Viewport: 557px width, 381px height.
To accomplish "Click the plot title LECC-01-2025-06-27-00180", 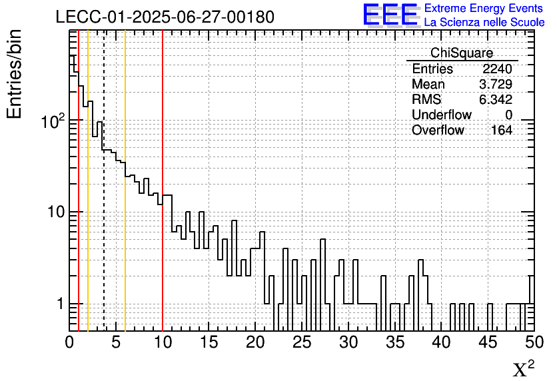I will [x=165, y=17].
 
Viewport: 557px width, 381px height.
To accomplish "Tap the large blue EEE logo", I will [x=390, y=15].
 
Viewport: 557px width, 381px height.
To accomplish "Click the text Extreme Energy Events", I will [x=484, y=9].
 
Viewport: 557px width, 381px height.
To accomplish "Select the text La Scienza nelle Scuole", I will [x=484, y=23].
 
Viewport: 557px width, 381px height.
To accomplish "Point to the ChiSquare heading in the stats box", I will [x=462, y=53].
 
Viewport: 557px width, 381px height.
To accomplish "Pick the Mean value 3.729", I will [x=496, y=85].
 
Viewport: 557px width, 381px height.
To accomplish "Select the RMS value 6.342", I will [x=496, y=100].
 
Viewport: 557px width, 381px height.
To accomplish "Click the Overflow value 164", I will [x=502, y=131].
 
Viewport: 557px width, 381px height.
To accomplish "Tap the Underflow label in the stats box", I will [x=441, y=115].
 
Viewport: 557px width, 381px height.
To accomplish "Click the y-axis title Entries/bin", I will [x=15, y=74].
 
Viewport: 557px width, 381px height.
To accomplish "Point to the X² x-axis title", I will [x=523, y=369].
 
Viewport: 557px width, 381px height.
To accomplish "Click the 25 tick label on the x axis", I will [x=302, y=343].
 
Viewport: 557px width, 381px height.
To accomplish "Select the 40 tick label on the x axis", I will [x=441, y=343].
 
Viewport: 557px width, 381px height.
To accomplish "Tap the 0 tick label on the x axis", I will [x=69, y=343].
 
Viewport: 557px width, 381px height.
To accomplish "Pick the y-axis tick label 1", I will [x=59, y=304].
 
